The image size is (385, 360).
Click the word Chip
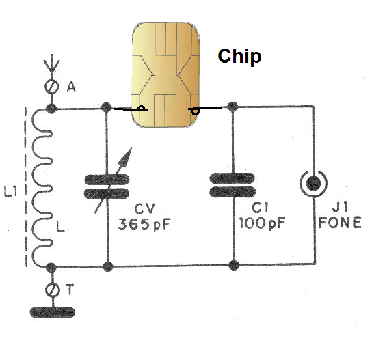[x=239, y=57]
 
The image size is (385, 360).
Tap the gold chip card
[x=165, y=74]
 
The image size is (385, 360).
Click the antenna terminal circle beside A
[x=51, y=86]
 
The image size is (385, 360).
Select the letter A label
[x=71, y=87]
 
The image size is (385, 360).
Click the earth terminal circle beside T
[x=53, y=290]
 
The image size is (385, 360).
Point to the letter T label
[x=70, y=290]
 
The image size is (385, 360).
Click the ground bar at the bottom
[x=52, y=312]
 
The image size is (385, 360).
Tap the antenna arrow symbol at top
[x=51, y=64]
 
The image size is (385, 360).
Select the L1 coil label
[x=11, y=191]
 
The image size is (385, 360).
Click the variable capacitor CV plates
[x=107, y=186]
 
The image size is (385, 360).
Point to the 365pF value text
[x=144, y=224]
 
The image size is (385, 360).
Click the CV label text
[x=144, y=209]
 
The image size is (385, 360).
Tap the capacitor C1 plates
[x=233, y=185]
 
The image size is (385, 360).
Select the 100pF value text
[x=261, y=223]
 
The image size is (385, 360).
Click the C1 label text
[x=261, y=208]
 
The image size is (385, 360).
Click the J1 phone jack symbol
[x=314, y=184]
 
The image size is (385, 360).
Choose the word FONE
[x=340, y=223]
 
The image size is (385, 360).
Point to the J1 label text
[x=340, y=208]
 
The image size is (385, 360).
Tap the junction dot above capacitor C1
[x=233, y=107]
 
